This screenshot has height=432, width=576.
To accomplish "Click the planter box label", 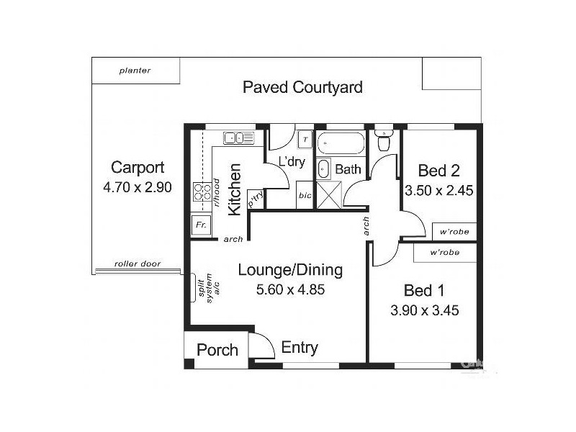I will pyautogui.click(x=135, y=71).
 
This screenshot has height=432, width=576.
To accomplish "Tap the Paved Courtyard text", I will pyautogui.click(x=302, y=88).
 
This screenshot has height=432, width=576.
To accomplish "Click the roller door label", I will pyautogui.click(x=138, y=264).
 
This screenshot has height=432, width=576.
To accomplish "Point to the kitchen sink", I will pyautogui.click(x=238, y=138).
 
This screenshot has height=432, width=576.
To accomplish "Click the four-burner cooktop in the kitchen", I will pyautogui.click(x=200, y=192).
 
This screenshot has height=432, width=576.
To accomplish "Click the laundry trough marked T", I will pyautogui.click(x=305, y=140).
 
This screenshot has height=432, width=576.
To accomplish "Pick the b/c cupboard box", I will pyautogui.click(x=305, y=194).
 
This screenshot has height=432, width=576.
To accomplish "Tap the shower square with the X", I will pyautogui.click(x=328, y=194).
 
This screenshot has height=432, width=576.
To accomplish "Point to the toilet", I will pyautogui.click(x=384, y=141).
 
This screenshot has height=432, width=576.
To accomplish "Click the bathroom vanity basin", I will pyautogui.click(x=323, y=170).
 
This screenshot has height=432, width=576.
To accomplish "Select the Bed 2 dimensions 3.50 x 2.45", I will pyautogui.click(x=438, y=192).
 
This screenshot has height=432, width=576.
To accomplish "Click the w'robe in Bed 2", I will pyautogui.click(x=454, y=232).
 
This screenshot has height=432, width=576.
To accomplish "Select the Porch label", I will pyautogui.click(x=217, y=350).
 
